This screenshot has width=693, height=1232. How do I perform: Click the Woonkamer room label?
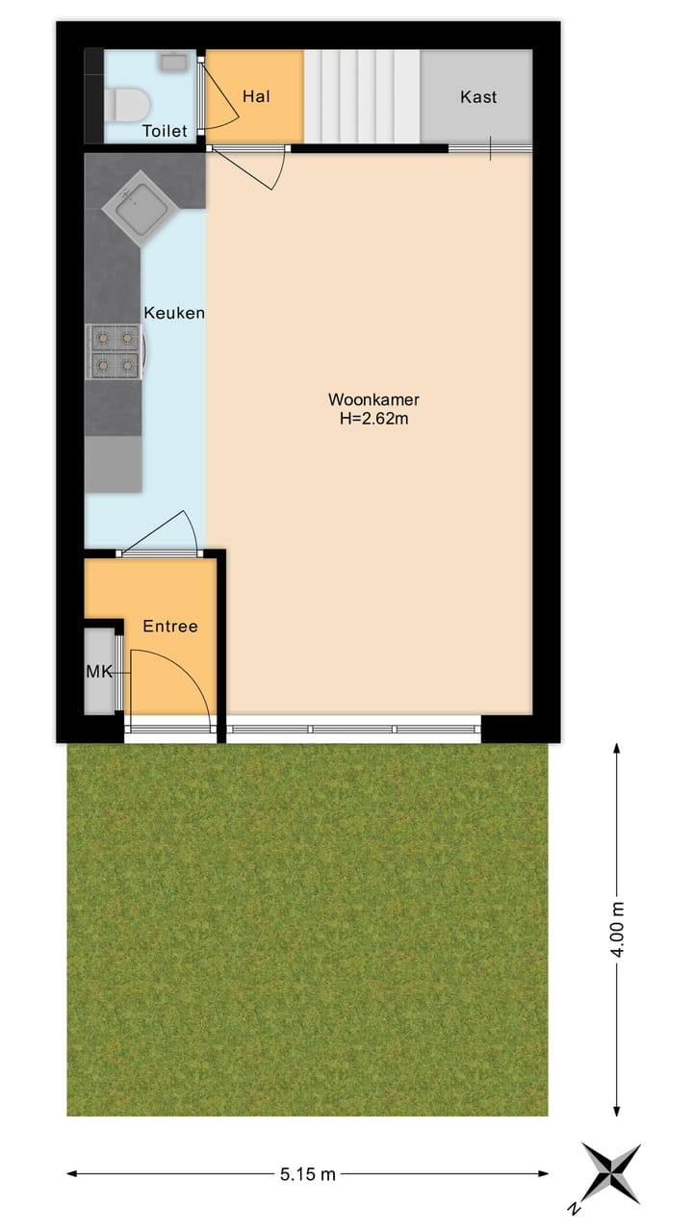[373, 399]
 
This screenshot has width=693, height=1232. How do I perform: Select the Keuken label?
[174, 313]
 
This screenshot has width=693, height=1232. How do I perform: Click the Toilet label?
[165, 131]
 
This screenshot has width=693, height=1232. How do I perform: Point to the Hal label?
[255, 96]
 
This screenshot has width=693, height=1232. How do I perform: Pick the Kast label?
[478, 97]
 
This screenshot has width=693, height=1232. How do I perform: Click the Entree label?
[170, 627]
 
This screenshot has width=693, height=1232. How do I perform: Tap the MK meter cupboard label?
[99, 672]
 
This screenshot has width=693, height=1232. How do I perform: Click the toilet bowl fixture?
[126, 102]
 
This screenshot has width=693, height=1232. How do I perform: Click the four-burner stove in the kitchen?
[115, 351]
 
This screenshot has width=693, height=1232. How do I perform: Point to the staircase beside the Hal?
[362, 96]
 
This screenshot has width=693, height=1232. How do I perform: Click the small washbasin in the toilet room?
[173, 63]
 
